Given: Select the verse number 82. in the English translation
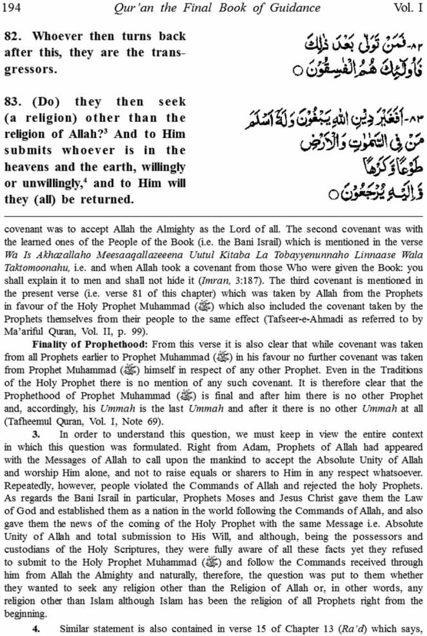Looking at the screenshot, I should tap(16, 36).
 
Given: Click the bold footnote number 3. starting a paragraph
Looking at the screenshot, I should tap(37, 435).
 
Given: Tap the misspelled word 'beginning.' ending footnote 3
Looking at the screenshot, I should tap(25, 614).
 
